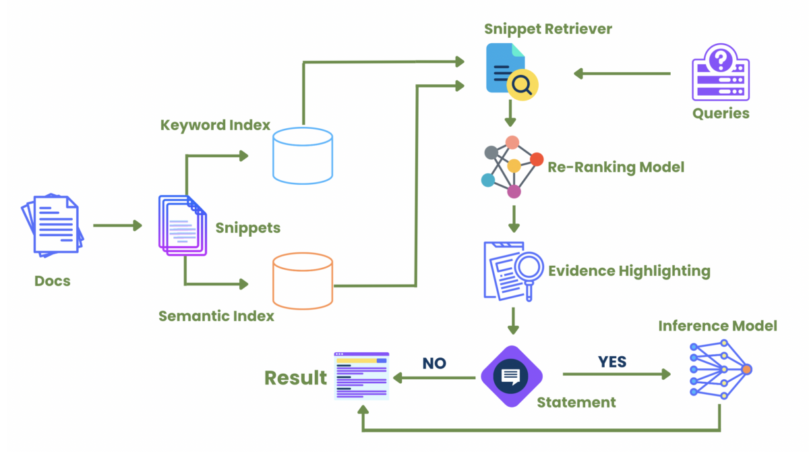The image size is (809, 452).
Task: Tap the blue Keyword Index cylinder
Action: coord(303,155)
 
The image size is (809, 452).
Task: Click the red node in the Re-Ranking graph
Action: coord(537,159)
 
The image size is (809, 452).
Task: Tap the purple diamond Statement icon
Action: coord(512,376)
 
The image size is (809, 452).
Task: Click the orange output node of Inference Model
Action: coord(746,370)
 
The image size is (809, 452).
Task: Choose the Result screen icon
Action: coord(361,376)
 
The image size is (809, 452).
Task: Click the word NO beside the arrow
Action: coord(434,364)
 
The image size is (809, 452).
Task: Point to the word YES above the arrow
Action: coord(611,362)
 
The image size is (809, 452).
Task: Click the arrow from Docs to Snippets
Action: coord(117,225)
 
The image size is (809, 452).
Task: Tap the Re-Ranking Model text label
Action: coord(616,167)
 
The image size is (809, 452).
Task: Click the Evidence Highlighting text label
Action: coord(629,271)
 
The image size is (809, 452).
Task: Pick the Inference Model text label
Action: coord(717,326)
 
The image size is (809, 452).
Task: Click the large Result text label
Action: coord(295,377)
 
